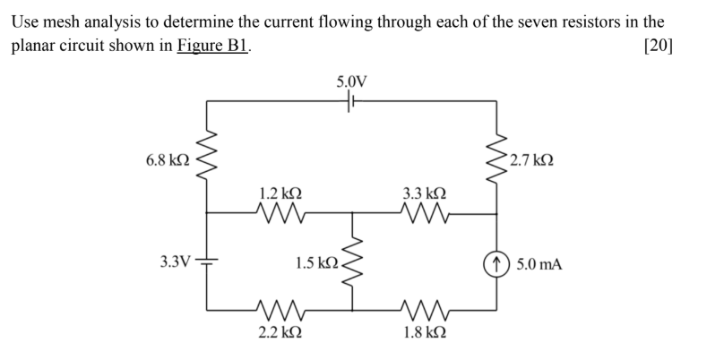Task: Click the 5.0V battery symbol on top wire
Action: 351,103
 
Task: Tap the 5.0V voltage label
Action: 351,82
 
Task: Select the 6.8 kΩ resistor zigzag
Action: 208,161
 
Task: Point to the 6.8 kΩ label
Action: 167,160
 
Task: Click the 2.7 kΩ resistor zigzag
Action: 497,161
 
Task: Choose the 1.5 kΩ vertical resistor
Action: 352,262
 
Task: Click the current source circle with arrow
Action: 497,263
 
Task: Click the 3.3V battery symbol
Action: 208,264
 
